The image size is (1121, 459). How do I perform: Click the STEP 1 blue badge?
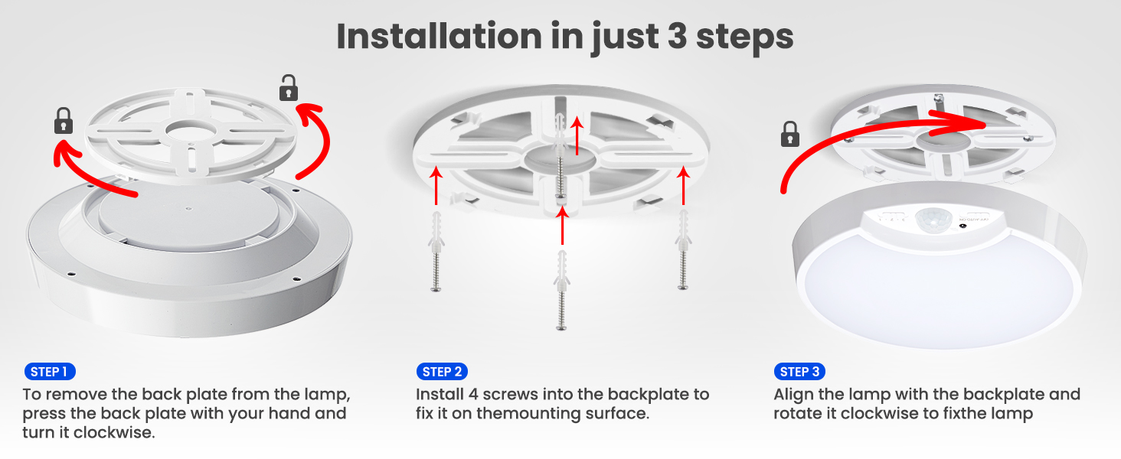50,372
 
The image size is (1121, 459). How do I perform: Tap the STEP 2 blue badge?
442,372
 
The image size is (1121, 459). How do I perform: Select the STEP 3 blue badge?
799,372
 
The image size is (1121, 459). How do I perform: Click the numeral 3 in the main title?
677,36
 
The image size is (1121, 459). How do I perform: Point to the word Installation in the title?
439,36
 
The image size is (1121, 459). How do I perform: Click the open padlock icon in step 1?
288,88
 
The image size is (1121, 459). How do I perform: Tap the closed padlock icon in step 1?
64,121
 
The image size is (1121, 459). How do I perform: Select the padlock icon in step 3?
789,134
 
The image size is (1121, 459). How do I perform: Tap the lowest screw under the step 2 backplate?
561,290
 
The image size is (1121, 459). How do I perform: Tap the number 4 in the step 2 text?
473,395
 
